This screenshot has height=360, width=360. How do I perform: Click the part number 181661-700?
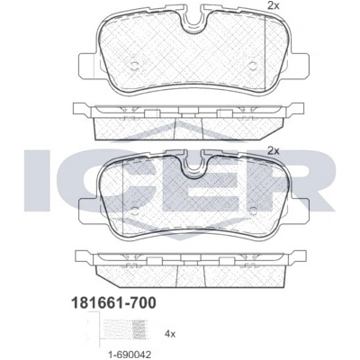pos(113,302)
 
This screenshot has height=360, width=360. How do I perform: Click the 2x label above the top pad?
pos(274,5)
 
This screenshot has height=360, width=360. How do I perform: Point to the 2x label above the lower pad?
pos(274,150)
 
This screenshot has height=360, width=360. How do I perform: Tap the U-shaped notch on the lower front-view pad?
pos(194,167)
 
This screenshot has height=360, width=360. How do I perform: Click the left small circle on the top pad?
pos(134,66)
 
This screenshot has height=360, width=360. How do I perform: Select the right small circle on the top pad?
pos(253,66)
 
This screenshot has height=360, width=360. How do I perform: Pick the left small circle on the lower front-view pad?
pos(135,211)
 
